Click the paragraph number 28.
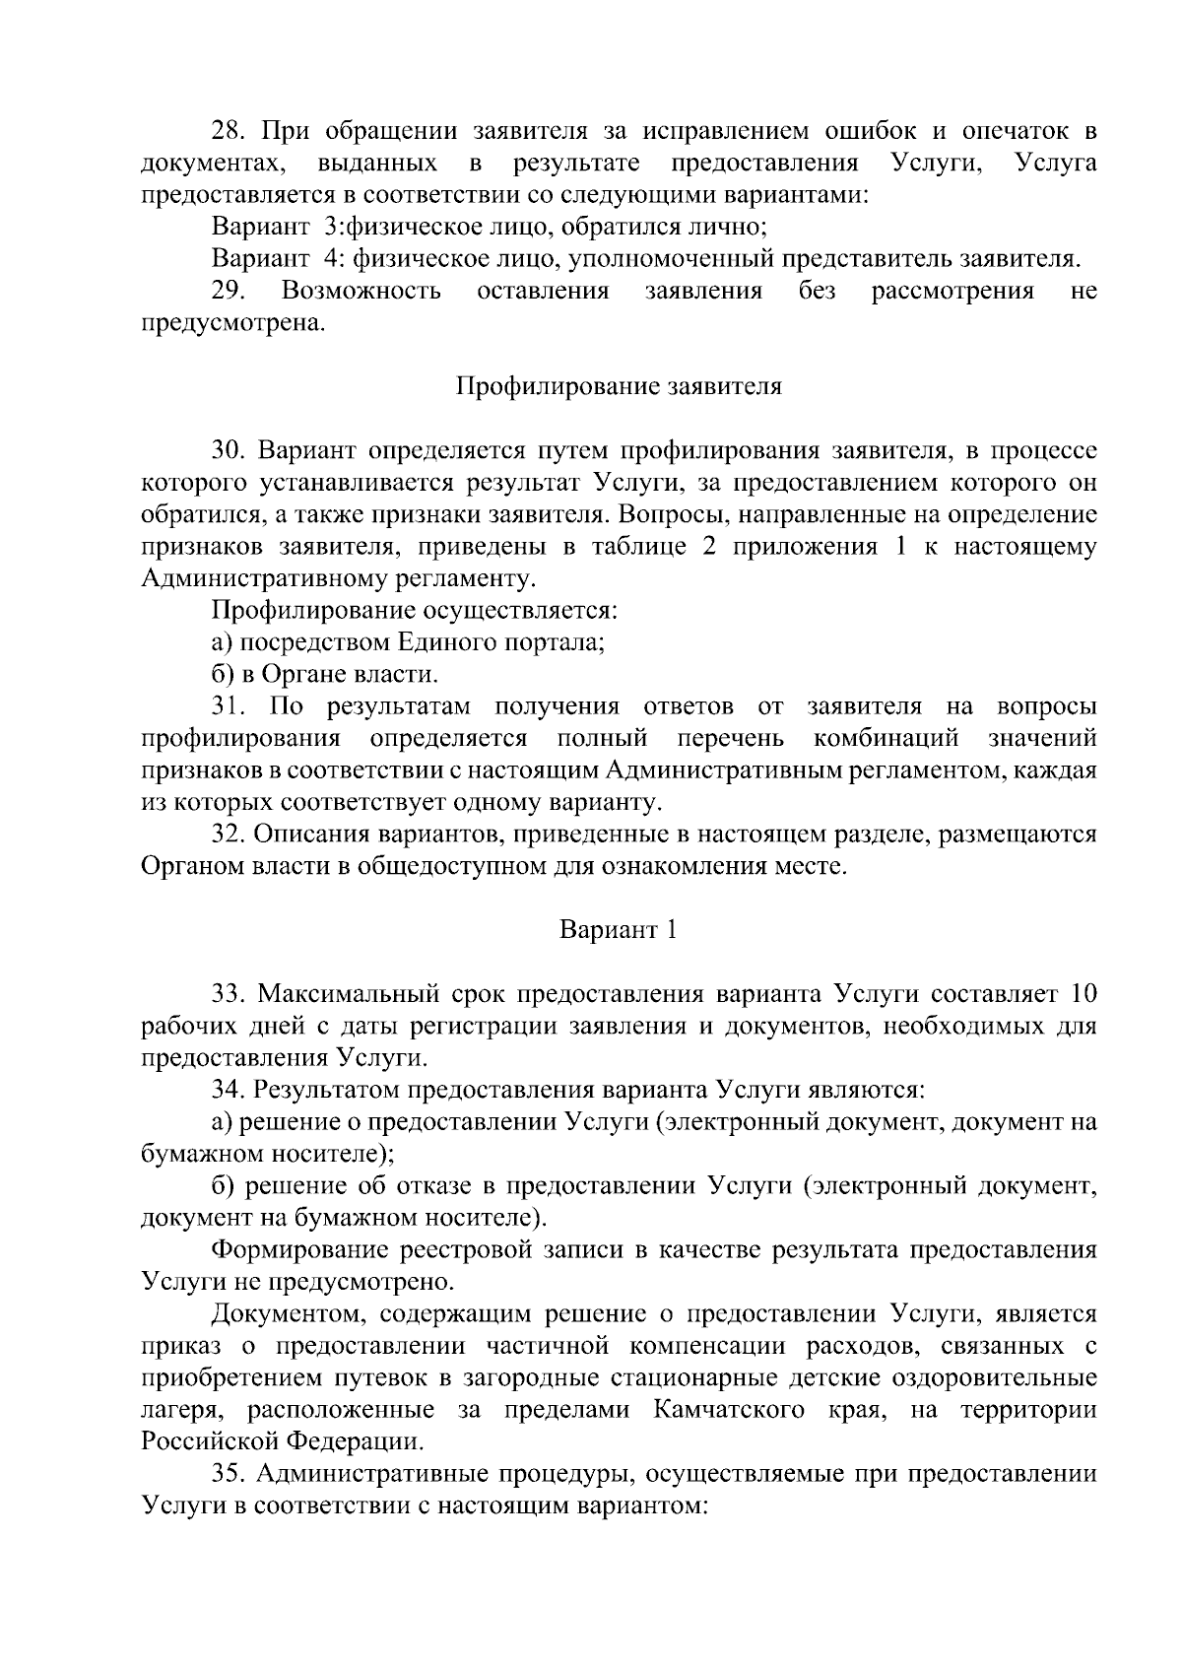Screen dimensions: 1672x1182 pyautogui.click(x=230, y=131)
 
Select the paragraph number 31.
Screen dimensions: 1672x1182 pyautogui.click(x=230, y=706)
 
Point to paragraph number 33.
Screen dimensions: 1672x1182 pyautogui.click(x=230, y=993)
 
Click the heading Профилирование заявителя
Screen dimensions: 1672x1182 pyautogui.click(x=619, y=386)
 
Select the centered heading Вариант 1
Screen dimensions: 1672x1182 pyautogui.click(x=619, y=929)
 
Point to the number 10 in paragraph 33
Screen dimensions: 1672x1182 pyautogui.click(x=1082, y=993)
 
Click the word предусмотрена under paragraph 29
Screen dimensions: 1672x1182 pyautogui.click(x=232, y=323)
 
